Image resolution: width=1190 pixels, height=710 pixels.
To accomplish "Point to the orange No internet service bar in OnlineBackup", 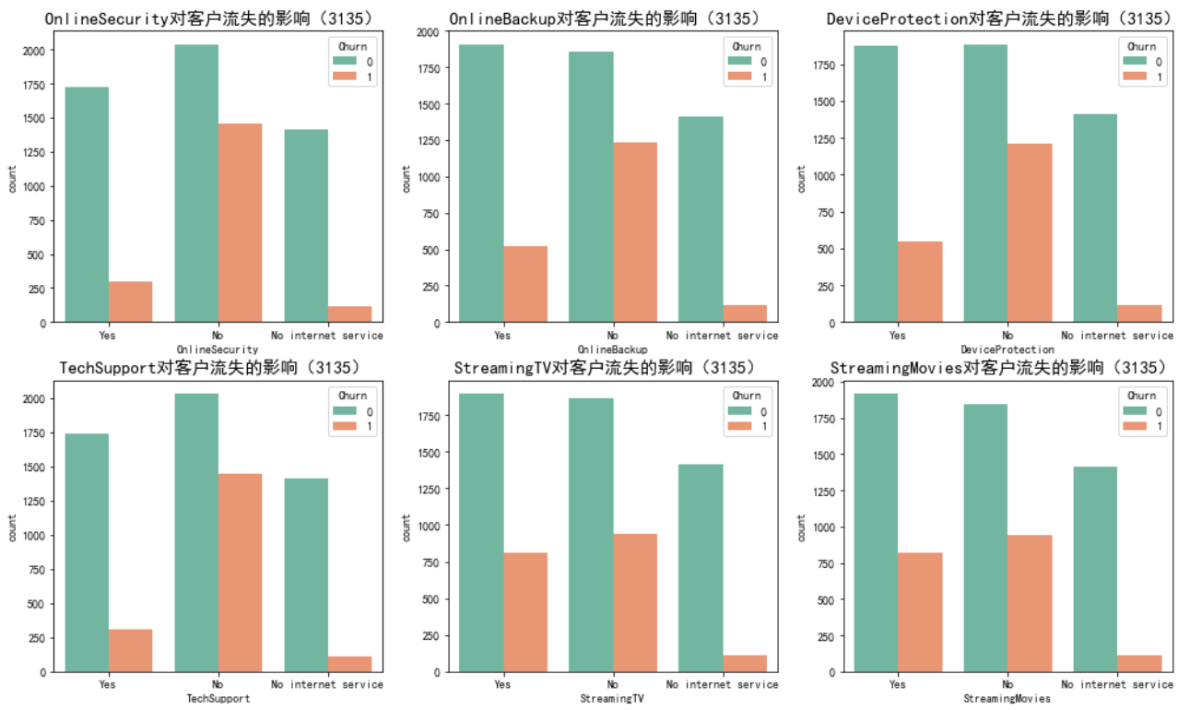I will point(745,314).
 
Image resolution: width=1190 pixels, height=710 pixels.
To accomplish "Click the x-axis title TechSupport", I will point(218,699).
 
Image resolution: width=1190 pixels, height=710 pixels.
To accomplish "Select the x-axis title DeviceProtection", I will point(1007,349).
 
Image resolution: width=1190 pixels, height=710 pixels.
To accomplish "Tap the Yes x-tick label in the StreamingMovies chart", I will point(898,685).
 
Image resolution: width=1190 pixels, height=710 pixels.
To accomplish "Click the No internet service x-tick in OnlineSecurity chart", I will point(327,336).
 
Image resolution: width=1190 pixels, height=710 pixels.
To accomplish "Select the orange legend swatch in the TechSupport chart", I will point(343,428).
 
